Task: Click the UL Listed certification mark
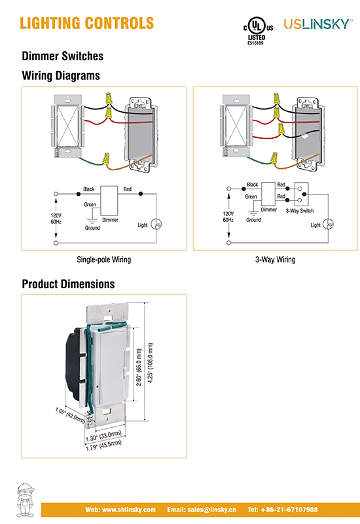pos(258,31)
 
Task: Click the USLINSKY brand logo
pos(318,24)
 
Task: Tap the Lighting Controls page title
pos(87,24)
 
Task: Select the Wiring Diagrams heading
pos(61,75)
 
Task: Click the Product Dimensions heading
pos(68,284)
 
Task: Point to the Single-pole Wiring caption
pos(104,259)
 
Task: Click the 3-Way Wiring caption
pos(275,259)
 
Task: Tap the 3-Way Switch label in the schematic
pos(300,211)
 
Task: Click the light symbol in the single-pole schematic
pos(156,224)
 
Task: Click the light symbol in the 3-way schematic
pos(329,224)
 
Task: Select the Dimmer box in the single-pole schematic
pos(109,200)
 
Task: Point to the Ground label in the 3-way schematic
pos(253,220)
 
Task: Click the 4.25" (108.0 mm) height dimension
pos(151,363)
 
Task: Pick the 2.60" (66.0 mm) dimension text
pos(139,367)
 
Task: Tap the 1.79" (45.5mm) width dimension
pos(103,446)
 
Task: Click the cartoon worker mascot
pos(26,500)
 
